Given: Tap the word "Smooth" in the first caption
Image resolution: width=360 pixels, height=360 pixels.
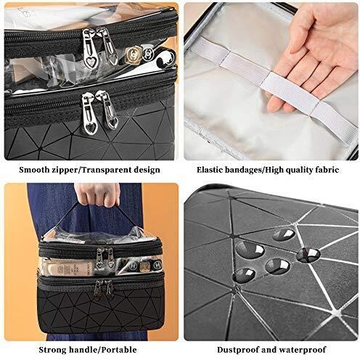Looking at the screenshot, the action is click(35, 170).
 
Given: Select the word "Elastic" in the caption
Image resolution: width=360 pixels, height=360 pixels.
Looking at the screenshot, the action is click(209, 170).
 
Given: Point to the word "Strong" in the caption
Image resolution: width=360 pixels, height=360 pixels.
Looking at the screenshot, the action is click(53, 350).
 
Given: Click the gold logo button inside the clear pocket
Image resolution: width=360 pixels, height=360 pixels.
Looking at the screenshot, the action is click(133, 54).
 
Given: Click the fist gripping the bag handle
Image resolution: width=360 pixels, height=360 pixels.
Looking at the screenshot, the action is click(97, 194).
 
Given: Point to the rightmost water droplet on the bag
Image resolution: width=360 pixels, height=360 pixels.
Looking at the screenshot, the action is click(308, 255).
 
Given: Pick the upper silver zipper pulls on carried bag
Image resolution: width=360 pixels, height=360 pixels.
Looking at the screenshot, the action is click(105, 258).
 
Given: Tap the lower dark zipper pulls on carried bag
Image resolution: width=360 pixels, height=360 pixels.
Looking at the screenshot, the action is click(104, 290).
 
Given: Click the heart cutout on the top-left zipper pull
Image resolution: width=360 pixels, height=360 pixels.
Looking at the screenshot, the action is click(91, 62).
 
